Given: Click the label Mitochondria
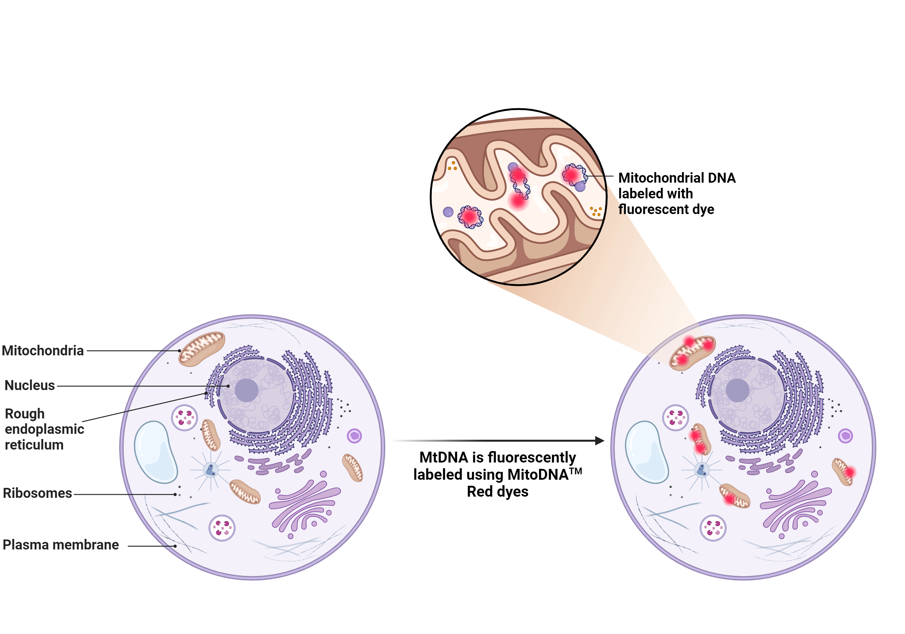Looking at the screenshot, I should pos(43,350).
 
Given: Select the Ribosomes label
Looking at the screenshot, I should pos(37,493).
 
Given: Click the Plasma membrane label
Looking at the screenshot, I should pos(61,545).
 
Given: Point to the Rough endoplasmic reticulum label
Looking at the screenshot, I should pos(44,429).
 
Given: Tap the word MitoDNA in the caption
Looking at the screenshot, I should pos(538,475).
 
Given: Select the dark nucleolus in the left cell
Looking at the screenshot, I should pos(246,390).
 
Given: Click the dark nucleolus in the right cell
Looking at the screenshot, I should pos(737,390).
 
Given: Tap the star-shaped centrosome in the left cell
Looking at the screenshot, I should pos(211,470).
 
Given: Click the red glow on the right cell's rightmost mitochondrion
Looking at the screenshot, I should pos(850,472).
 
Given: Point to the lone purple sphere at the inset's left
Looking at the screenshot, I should pos(448,212).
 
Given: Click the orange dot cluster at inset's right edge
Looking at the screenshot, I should pos(595,211).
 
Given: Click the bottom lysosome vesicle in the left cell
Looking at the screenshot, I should pos(222,528).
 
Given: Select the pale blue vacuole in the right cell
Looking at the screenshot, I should pos(646,452).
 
